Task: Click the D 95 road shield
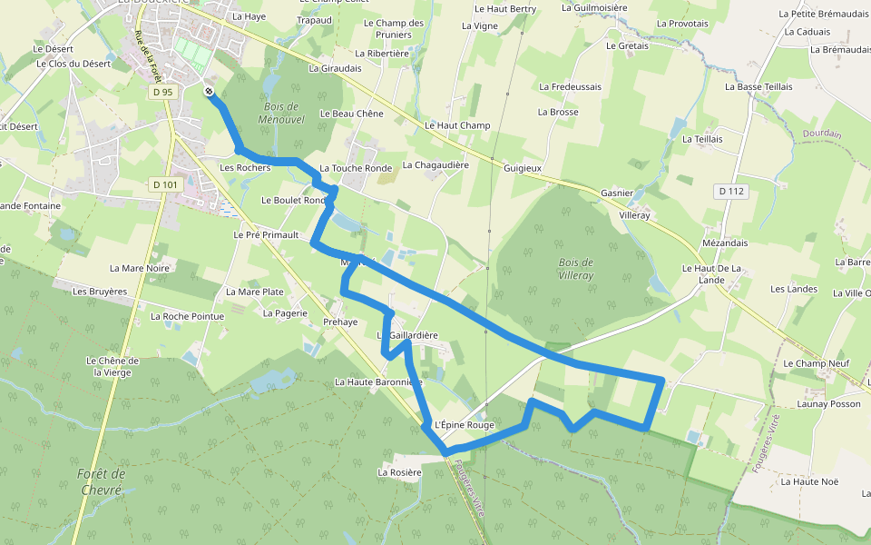[x=162, y=92]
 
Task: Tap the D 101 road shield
[x=166, y=184]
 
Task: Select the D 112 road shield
[x=730, y=191]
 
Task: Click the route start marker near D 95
[x=210, y=91]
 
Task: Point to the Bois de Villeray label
[x=575, y=268]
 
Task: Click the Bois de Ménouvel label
[x=281, y=113]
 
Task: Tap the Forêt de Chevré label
[x=101, y=481]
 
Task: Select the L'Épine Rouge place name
[x=464, y=424]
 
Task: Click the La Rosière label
[x=400, y=472]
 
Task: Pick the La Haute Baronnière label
[x=378, y=382]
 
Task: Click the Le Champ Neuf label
[x=816, y=363]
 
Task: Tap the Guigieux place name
[x=523, y=168]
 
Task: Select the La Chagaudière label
[x=435, y=165]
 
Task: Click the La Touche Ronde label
[x=356, y=168]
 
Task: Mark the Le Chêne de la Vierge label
[x=113, y=366]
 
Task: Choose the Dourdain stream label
[x=822, y=134]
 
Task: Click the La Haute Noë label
[x=809, y=481]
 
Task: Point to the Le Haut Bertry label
[x=505, y=9]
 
